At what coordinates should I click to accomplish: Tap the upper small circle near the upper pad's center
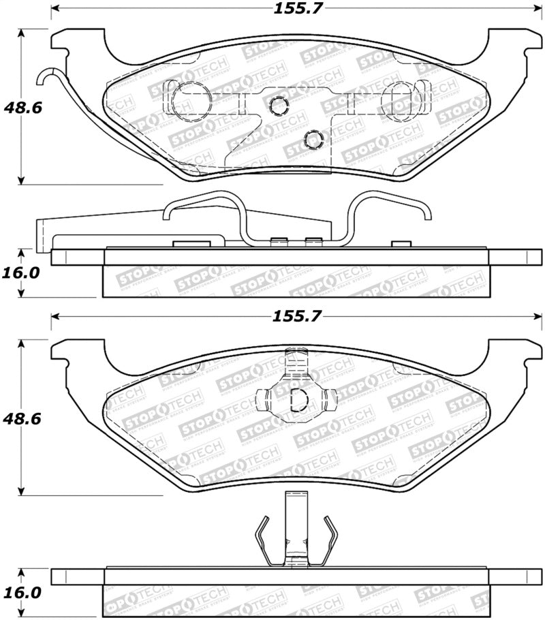tap(278, 105)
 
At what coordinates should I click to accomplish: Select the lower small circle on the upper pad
tap(313, 139)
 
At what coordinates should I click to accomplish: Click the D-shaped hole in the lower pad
tap(298, 401)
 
